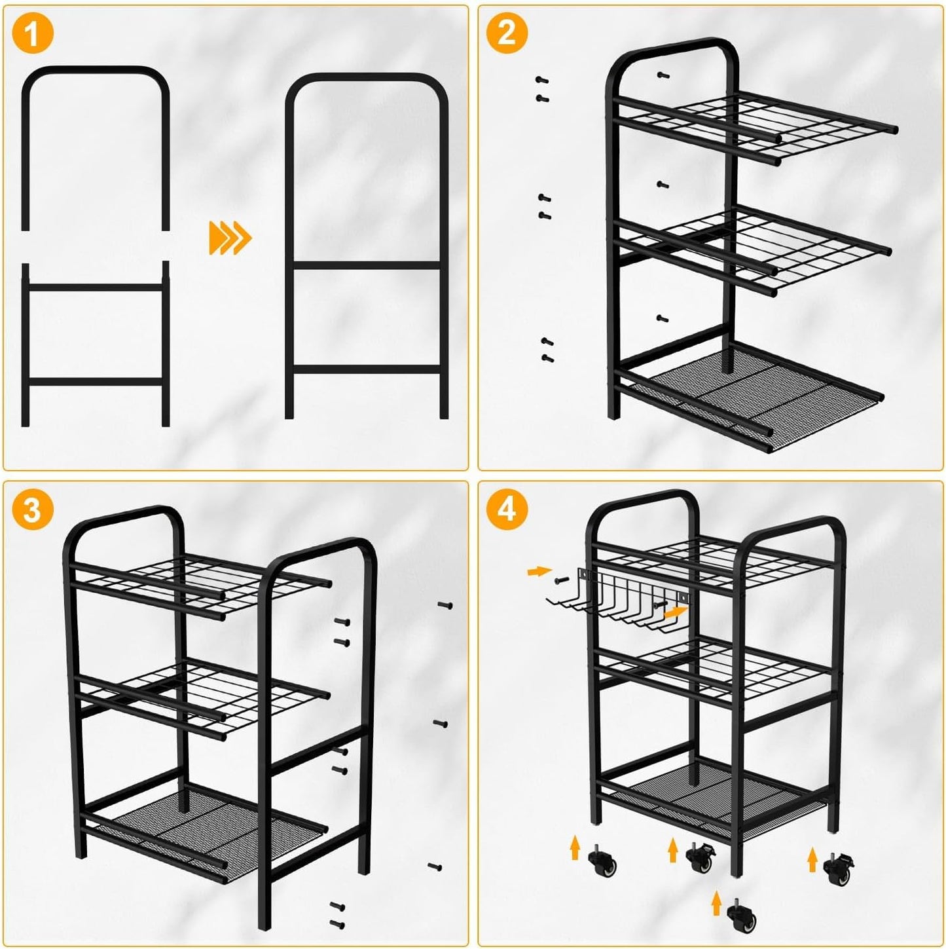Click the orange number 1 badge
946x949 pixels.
pyautogui.click(x=32, y=33)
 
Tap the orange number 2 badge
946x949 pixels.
pyautogui.click(x=507, y=33)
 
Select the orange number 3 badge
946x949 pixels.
pyautogui.click(x=32, y=510)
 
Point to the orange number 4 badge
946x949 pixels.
pyautogui.click(x=507, y=510)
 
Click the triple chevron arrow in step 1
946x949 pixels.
pyautogui.click(x=230, y=238)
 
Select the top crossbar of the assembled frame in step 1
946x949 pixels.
pyautogui.click(x=367, y=265)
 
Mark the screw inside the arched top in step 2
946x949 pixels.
pyautogui.click(x=663, y=75)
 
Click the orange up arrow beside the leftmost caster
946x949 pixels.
pyautogui.click(x=575, y=847)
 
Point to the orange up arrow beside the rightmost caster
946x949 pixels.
pyautogui.click(x=812, y=859)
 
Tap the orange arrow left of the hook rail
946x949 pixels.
pyautogui.click(x=538, y=572)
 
